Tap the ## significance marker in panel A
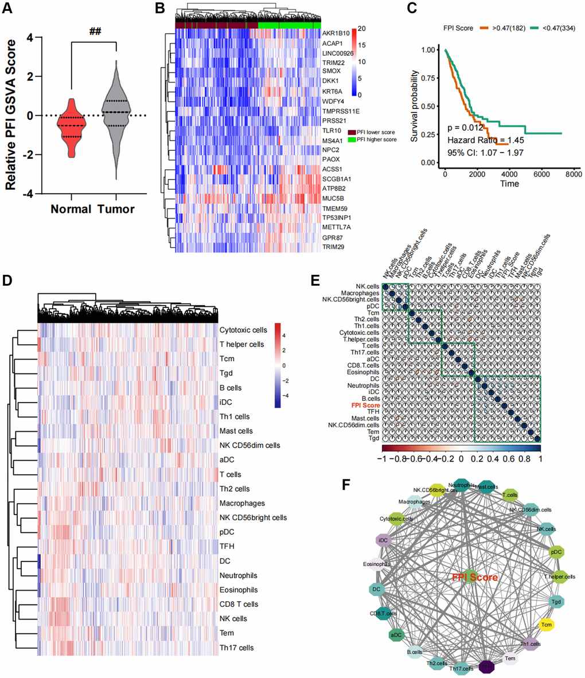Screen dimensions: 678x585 tap(95, 30)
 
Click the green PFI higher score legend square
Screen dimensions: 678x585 tap(352, 139)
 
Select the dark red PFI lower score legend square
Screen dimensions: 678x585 tap(352, 133)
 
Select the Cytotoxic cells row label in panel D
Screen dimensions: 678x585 tap(243, 330)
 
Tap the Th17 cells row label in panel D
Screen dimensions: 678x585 tap(237, 648)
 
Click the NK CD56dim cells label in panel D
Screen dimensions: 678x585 tap(250, 446)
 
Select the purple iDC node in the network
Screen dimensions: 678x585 tap(383, 540)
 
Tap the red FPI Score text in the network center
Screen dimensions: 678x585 tap(474, 577)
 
